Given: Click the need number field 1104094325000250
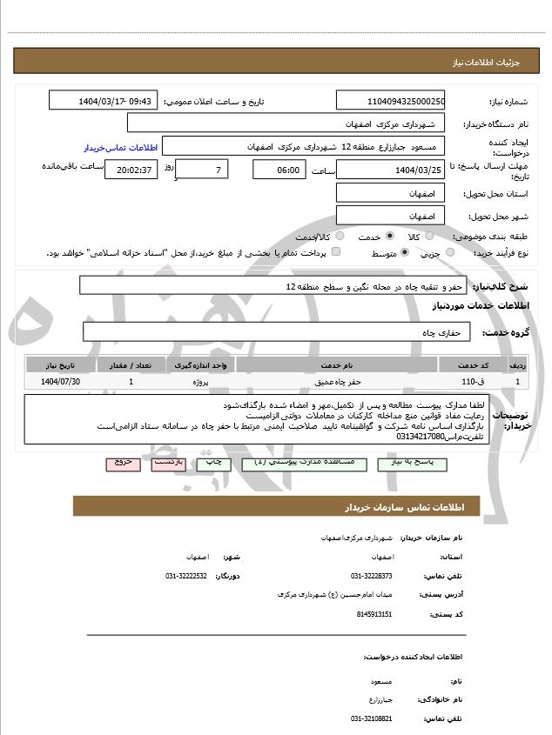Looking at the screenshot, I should [390, 101].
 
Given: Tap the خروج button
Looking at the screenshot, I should [123, 464].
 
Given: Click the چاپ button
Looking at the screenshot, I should [212, 464].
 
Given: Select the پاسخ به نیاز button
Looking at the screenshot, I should [412, 464].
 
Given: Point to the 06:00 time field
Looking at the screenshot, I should [279, 169].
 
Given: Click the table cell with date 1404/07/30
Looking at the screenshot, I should [61, 381].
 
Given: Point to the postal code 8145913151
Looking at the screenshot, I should [375, 614].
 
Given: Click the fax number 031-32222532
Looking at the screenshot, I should [185, 576].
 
